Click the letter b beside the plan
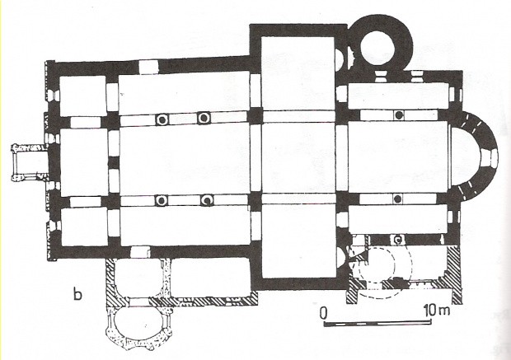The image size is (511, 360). [x=77, y=294]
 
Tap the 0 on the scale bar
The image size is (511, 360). [x=323, y=313]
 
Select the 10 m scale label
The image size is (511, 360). [x=437, y=310]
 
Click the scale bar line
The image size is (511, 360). [x=377, y=324]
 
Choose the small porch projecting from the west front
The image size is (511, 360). [x=30, y=162]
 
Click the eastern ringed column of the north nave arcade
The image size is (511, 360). [x=204, y=118]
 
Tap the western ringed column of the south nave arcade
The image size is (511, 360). [x=161, y=200]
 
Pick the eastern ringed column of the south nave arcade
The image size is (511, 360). [x=207, y=199]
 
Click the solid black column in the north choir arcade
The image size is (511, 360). [x=399, y=115]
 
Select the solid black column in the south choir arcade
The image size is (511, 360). [x=397, y=199]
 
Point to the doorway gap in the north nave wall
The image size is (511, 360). [x=148, y=67]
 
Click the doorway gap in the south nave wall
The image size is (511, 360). [x=140, y=252]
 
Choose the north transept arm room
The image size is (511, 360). [x=298, y=73]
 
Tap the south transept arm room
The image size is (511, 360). [x=298, y=241]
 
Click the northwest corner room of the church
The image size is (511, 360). [x=82, y=96]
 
